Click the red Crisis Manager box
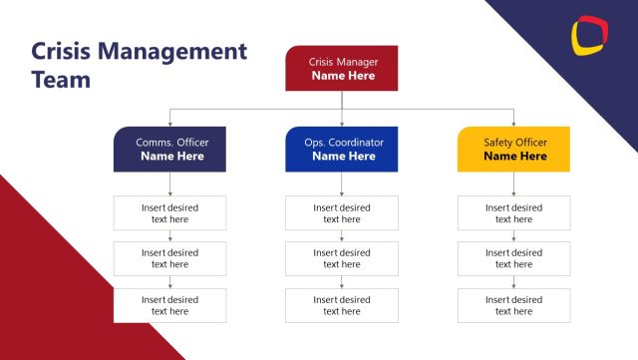(341, 68)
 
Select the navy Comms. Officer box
(169, 150)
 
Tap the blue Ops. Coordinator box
(341, 150)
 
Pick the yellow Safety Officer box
(513, 150)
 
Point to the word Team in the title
(61, 80)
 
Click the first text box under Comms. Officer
(169, 213)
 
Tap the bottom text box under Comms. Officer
(169, 305)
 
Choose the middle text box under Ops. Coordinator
(341, 259)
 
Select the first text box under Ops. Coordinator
(341, 213)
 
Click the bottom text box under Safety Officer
(513, 305)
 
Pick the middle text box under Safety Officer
(513, 259)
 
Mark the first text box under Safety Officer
(513, 213)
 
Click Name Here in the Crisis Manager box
(342, 75)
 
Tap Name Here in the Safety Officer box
(514, 157)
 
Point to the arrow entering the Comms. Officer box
(169, 122)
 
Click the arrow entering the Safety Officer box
(513, 122)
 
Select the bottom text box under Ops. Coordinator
(341, 305)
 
